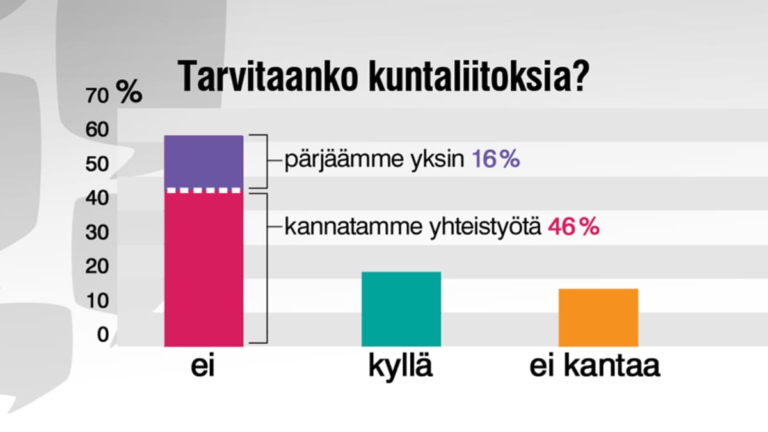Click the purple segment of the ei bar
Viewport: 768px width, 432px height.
click(x=204, y=161)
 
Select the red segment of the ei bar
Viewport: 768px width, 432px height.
click(x=204, y=270)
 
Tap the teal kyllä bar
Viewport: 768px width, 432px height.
click(x=401, y=309)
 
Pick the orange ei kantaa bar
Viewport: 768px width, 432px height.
click(x=598, y=318)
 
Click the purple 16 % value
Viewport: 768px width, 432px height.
click(x=496, y=159)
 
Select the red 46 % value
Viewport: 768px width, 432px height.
click(x=574, y=227)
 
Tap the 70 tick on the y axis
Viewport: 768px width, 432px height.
click(x=97, y=95)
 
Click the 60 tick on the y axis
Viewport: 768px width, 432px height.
click(x=97, y=129)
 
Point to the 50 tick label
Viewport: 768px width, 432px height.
click(x=97, y=164)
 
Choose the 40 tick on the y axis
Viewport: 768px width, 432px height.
click(x=97, y=198)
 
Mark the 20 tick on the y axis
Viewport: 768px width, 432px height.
click(x=97, y=266)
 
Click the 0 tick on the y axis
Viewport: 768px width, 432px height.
click(x=103, y=334)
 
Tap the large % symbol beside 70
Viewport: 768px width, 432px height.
click(x=129, y=91)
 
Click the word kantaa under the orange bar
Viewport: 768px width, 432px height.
click(x=612, y=366)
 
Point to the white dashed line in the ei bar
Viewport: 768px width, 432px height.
click(x=204, y=191)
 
